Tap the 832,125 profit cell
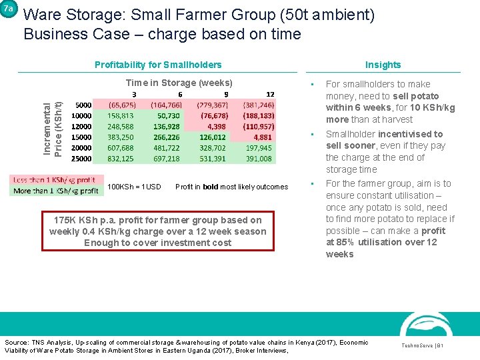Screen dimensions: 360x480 pos(120,159)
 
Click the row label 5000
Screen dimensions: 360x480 pos(83,105)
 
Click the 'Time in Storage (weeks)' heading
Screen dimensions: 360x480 pos(179,83)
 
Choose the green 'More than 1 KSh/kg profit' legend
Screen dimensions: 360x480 pos(55,191)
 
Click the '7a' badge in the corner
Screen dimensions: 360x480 pos(8,9)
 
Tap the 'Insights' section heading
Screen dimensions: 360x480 pos(383,65)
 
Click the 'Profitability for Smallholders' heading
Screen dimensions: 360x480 pos(158,65)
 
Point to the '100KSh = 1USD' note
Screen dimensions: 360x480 pos(134,187)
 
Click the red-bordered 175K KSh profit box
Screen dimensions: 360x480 pos(157,231)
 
